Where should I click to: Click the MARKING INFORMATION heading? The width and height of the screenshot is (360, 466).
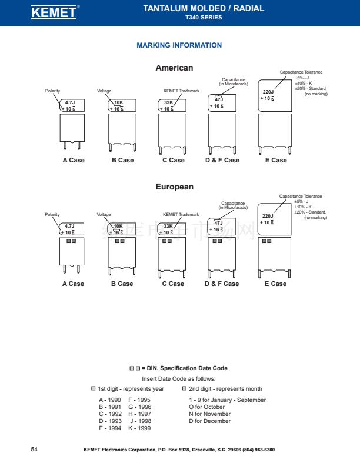tap(179, 45)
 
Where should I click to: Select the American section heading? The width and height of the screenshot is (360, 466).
tap(174, 68)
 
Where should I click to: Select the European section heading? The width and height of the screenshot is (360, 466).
tap(174, 187)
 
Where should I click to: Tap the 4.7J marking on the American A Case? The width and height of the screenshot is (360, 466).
tap(69, 102)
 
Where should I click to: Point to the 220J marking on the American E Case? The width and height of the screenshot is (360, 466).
tap(268, 92)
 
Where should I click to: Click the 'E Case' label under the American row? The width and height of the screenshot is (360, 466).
tap(276, 160)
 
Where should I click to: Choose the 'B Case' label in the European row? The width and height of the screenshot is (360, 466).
tap(122, 284)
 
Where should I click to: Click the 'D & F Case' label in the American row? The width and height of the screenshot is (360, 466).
tap(222, 160)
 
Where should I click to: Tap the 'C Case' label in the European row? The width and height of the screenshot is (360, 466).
tap(173, 284)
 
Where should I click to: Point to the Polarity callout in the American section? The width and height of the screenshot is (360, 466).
tap(53, 91)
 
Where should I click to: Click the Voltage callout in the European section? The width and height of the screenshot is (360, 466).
tap(104, 215)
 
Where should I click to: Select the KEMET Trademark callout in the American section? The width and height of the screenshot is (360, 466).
tap(181, 91)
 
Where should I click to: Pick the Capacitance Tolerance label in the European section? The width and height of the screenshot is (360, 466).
tap(301, 197)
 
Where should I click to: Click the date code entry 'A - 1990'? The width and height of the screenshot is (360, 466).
tap(110, 400)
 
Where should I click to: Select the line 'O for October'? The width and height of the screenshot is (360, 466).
tap(206, 407)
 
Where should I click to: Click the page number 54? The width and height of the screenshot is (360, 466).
tap(34, 450)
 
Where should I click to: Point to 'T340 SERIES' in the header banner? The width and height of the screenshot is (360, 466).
tap(204, 18)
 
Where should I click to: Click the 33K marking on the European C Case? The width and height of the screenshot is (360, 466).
tap(168, 226)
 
